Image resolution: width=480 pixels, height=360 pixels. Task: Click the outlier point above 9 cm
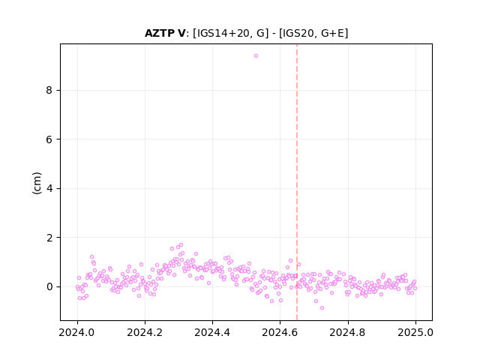click(256, 55)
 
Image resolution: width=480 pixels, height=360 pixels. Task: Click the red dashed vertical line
click(297, 182)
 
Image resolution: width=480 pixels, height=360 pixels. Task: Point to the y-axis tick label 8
click(49, 90)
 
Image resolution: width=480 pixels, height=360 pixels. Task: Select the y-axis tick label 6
click(49, 139)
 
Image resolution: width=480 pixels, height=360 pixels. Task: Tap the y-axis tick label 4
click(49, 188)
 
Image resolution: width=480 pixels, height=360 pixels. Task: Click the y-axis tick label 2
click(49, 238)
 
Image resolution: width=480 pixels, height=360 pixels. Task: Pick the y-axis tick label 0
click(49, 286)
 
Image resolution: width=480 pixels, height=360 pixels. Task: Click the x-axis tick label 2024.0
click(77, 332)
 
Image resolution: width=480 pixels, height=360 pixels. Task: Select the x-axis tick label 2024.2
click(145, 332)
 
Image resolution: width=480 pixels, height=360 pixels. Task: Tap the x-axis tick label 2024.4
click(212, 332)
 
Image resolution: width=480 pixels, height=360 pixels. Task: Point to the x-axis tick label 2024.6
click(280, 332)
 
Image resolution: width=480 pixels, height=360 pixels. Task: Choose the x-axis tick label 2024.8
click(348, 332)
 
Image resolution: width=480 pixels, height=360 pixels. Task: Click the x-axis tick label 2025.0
click(415, 332)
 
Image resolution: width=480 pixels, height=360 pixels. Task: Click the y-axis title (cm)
click(37, 183)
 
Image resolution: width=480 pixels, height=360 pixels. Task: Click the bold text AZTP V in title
click(165, 33)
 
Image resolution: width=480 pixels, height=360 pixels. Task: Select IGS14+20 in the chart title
click(221, 33)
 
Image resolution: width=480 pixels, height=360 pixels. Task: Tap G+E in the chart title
click(332, 33)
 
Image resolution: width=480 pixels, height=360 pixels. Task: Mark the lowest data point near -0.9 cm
click(322, 307)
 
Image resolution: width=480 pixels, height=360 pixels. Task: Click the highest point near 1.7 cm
click(181, 245)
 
